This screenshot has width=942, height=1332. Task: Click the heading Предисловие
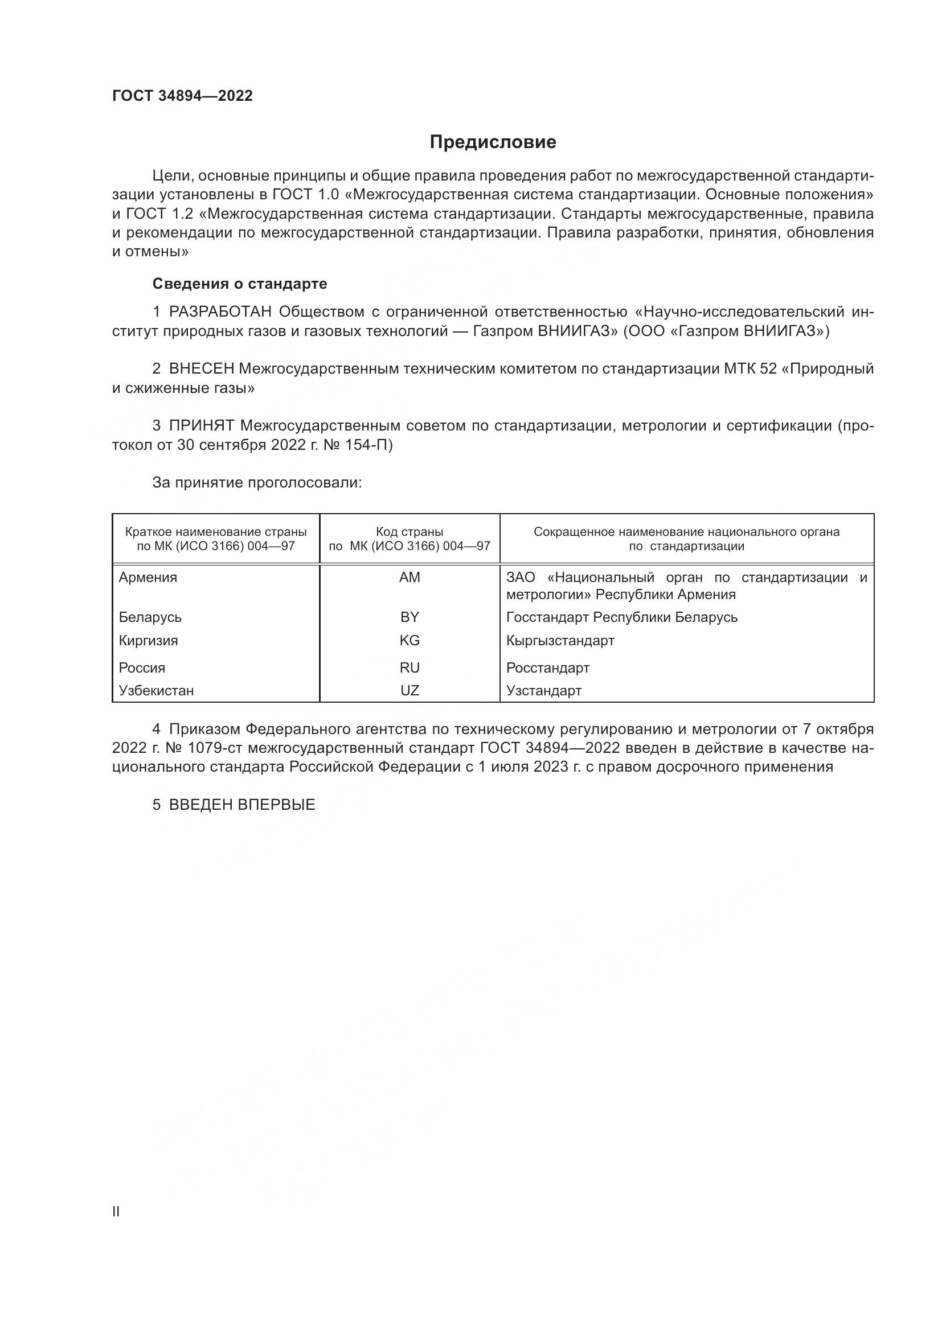[493, 142]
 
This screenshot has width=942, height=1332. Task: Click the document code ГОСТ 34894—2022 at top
[182, 96]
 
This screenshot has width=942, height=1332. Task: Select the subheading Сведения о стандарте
[240, 284]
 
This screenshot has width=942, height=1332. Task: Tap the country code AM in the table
[409, 577]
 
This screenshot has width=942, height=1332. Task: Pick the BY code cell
[409, 617]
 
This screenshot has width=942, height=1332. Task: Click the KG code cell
[409, 641]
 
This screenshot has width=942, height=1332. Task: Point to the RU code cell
[409, 668]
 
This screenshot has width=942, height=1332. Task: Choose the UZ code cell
[409, 690]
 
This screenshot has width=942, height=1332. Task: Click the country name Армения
[148, 577]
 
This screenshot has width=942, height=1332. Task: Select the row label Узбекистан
[156, 690]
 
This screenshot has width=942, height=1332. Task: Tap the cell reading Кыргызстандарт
[560, 641]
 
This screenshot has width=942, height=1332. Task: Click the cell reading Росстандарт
[547, 668]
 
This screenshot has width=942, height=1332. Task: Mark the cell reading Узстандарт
[543, 690]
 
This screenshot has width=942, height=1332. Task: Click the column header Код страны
[409, 532]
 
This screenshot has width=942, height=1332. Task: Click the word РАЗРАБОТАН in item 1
[220, 312]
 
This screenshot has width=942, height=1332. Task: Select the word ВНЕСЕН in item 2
[201, 369]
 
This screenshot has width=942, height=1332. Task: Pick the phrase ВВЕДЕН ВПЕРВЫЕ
[242, 805]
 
